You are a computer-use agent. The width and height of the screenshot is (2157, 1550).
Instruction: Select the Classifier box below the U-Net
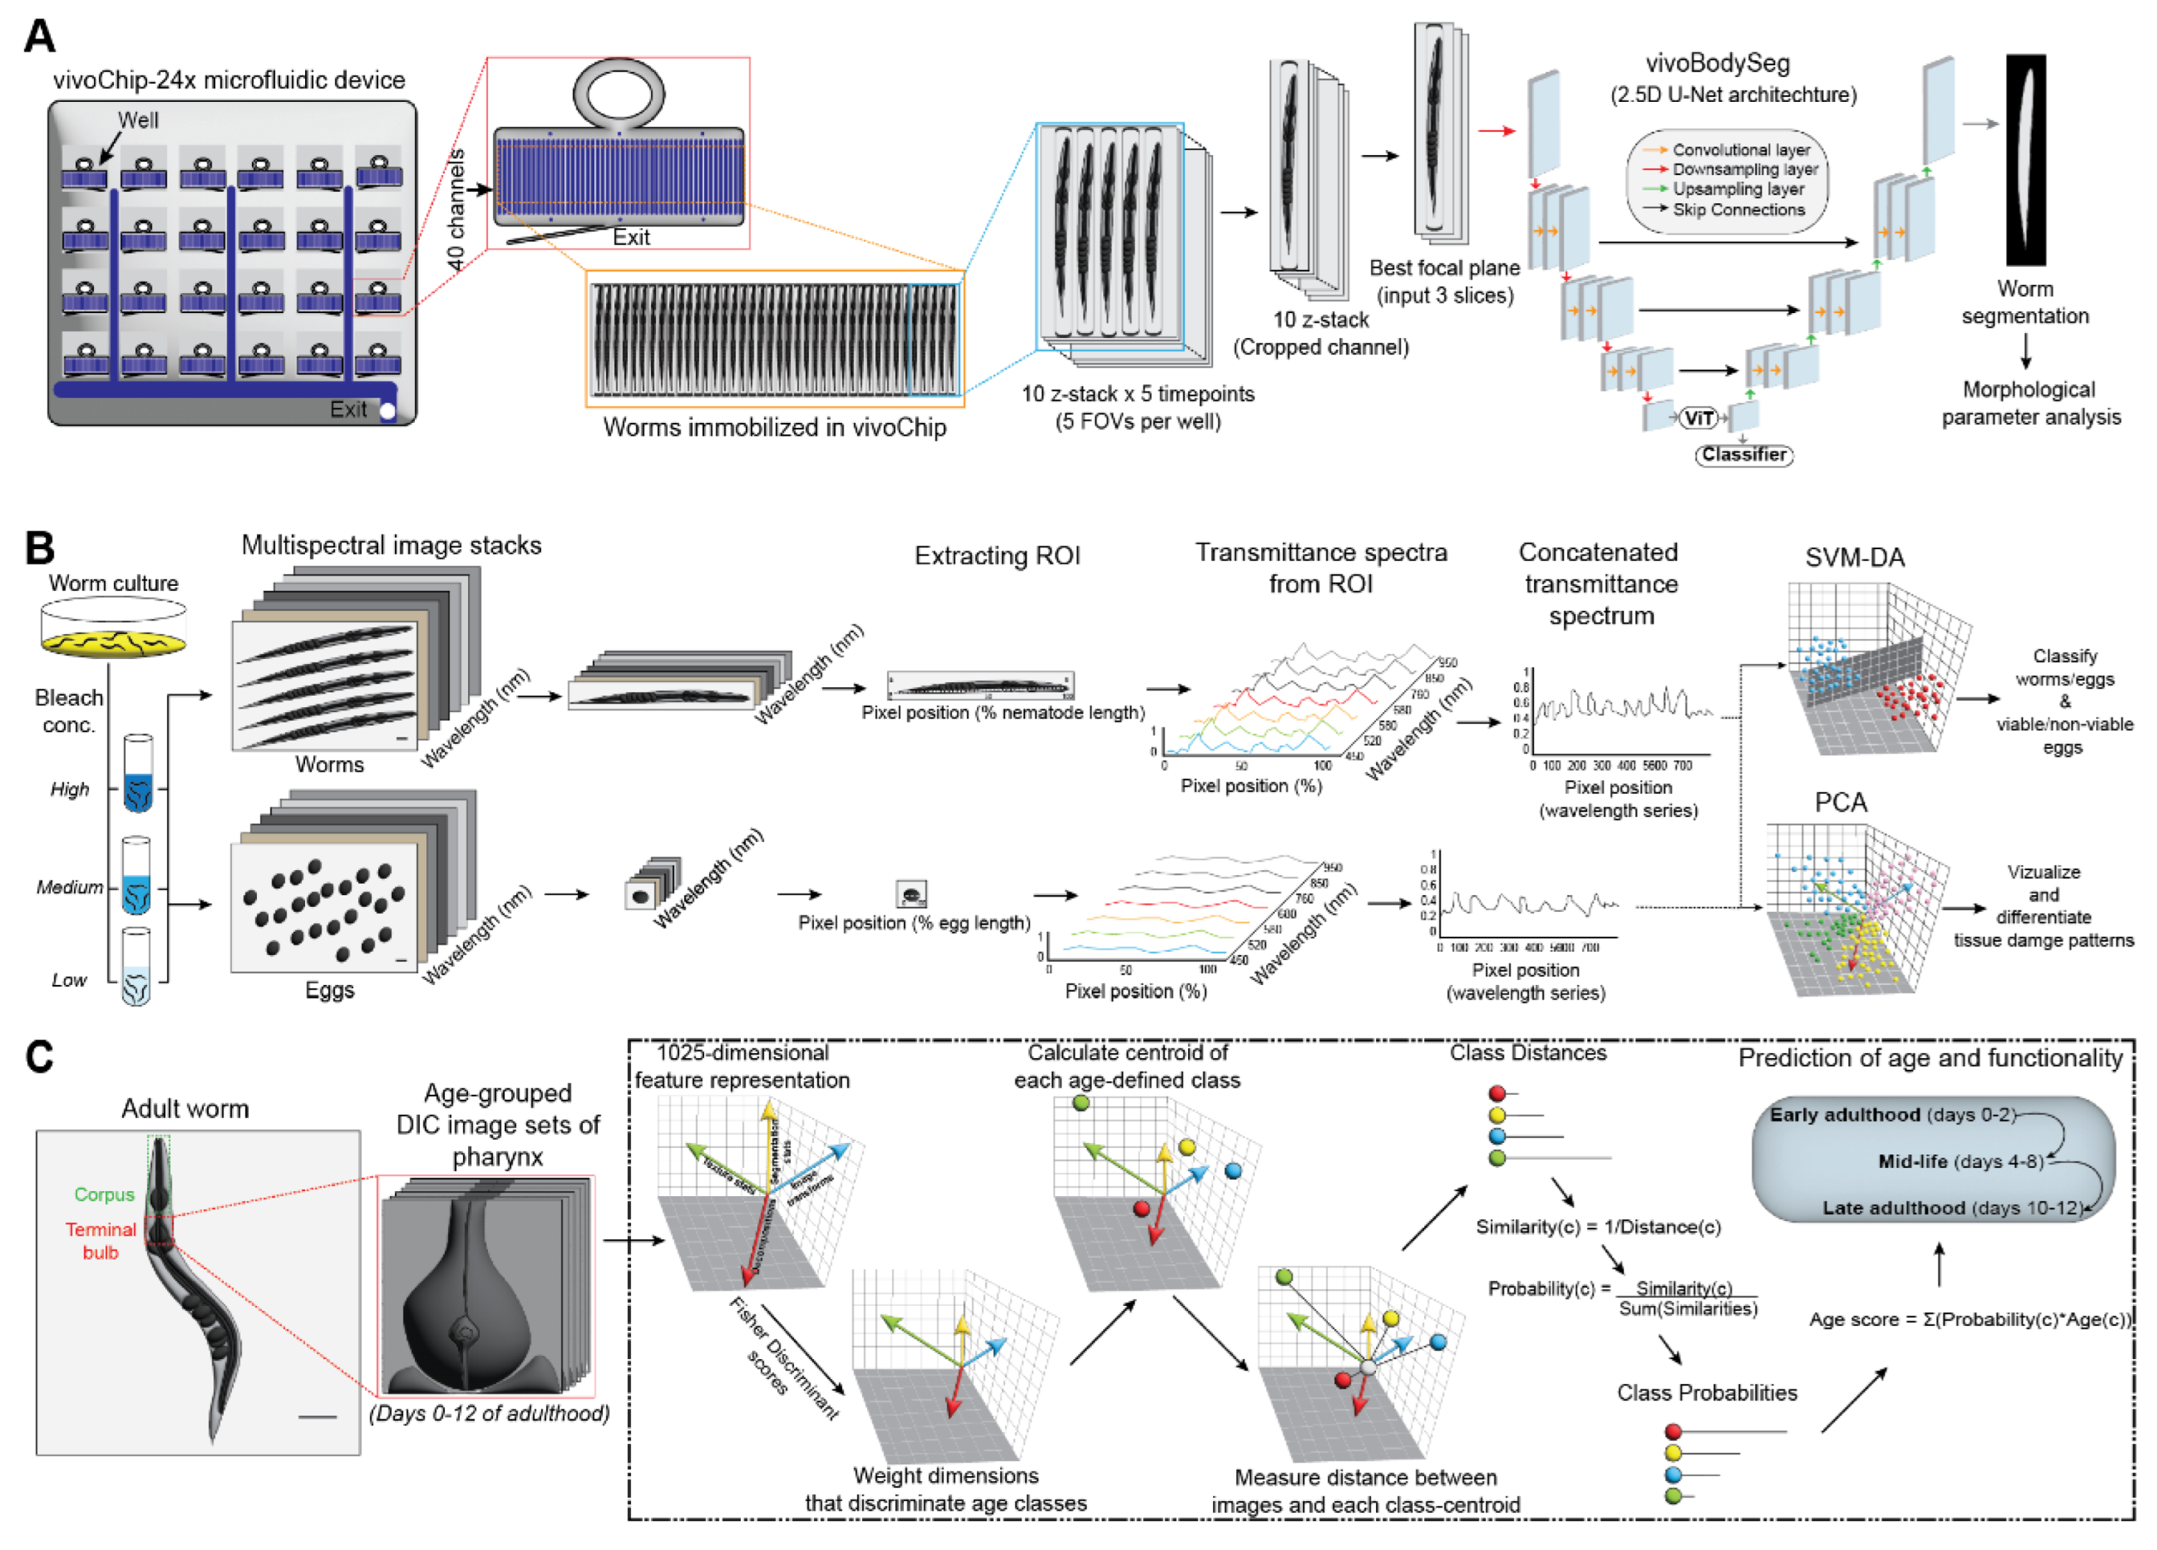pos(1744,455)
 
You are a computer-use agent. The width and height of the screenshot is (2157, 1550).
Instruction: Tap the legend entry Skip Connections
pos(1738,210)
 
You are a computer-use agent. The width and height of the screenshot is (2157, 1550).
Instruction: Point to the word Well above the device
pos(138,120)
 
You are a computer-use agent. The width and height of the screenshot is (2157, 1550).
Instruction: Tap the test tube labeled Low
pos(136,968)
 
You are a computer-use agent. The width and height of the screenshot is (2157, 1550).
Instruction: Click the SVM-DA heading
pos(1855,558)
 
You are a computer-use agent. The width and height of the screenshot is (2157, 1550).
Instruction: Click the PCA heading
pos(1840,802)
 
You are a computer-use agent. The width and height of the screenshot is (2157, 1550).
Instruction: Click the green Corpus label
pos(105,1194)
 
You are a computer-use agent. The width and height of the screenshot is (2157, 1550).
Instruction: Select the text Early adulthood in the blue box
pos(1844,1114)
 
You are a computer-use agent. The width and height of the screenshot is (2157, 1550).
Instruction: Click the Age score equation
pos(1970,1320)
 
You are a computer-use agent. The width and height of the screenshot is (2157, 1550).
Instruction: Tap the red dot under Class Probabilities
pos(1674,1431)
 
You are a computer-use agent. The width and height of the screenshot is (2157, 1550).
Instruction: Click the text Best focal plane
pos(1444,269)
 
